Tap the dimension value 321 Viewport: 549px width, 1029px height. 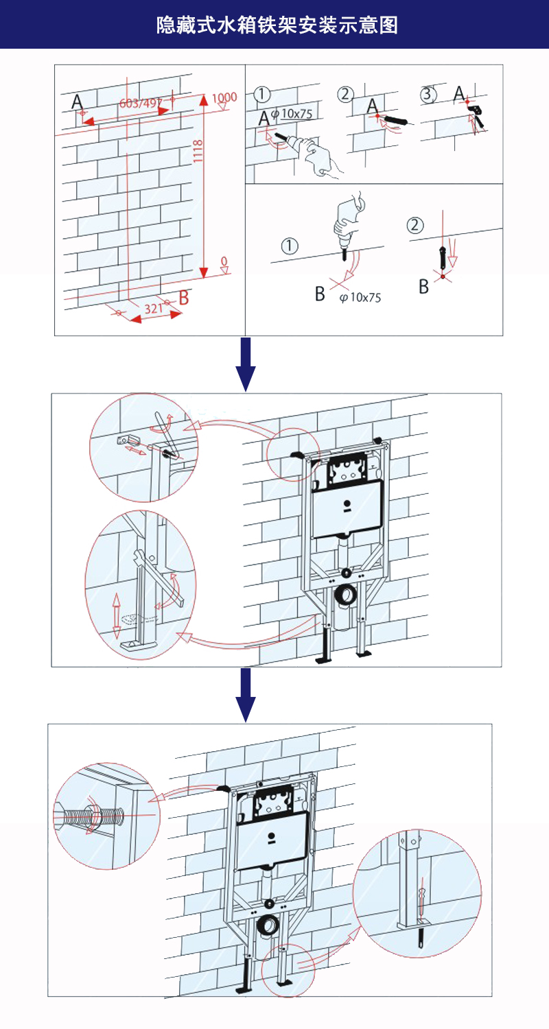pyautogui.click(x=152, y=308)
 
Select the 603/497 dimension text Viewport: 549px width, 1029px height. pyautogui.click(x=140, y=104)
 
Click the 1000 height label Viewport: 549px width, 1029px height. pyautogui.click(x=224, y=97)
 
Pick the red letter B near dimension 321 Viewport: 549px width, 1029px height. pyautogui.click(x=183, y=298)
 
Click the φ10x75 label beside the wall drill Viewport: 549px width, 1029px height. pyautogui.click(x=292, y=113)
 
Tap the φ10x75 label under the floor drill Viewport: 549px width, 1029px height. pyautogui.click(x=360, y=297)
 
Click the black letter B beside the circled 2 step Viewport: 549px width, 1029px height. pyautogui.click(x=424, y=286)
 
